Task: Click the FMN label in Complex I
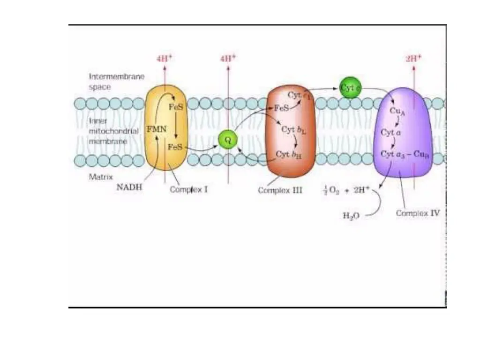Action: click(x=157, y=129)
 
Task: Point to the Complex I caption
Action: click(x=189, y=190)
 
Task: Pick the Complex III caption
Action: click(x=280, y=191)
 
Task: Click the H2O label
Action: click(x=350, y=216)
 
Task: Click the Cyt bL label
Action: click(x=294, y=130)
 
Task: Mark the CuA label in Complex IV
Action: click(x=397, y=111)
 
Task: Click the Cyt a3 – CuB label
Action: click(x=405, y=154)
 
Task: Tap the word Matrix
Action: click(x=99, y=178)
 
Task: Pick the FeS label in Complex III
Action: click(x=281, y=108)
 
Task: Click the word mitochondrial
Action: click(x=114, y=131)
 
